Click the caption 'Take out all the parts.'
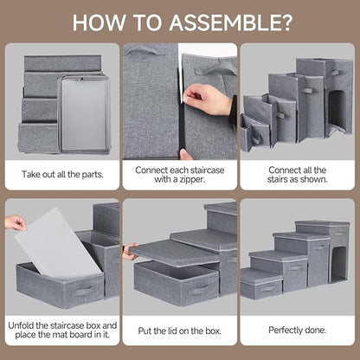click(61, 173)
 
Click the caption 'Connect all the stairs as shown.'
click(298, 173)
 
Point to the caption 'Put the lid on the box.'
click(179, 330)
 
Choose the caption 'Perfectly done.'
click(298, 330)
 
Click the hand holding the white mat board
click(15, 223)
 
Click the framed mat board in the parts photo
click(84, 106)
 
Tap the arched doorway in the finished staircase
click(337, 262)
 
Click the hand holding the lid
click(130, 254)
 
